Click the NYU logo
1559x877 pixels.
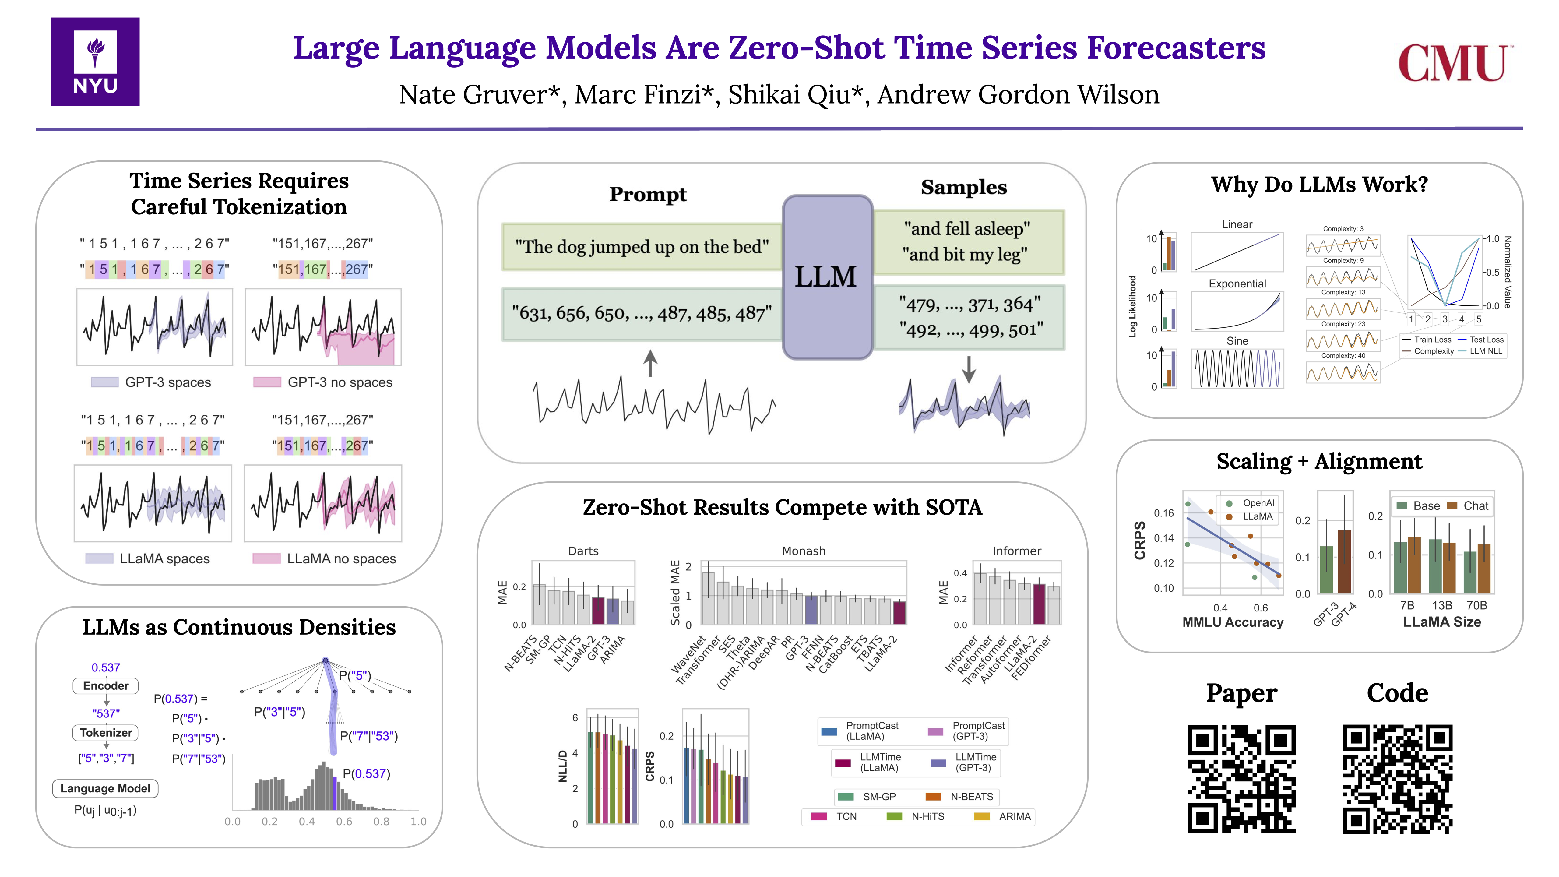pos(95,62)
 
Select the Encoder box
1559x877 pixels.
pos(106,686)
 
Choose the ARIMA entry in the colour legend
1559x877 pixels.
pos(1014,816)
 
